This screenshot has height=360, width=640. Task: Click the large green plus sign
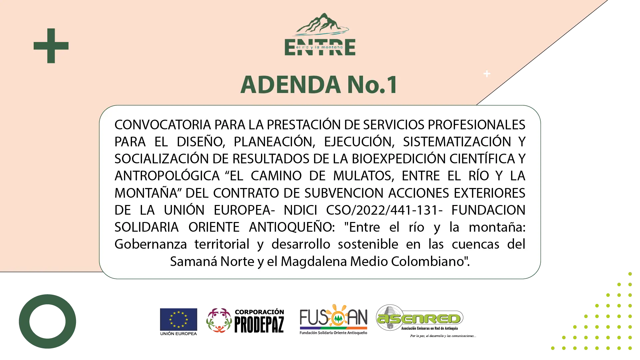[x=51, y=46]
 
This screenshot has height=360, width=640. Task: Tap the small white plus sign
[x=487, y=74]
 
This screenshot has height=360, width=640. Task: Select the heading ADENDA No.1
[x=319, y=84]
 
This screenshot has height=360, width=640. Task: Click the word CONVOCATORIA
[x=163, y=125]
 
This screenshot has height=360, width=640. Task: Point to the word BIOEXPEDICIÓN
[x=399, y=159]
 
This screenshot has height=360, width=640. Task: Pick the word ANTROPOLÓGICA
[x=167, y=176]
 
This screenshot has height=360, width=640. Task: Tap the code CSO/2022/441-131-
[x=384, y=210]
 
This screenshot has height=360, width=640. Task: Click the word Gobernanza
[x=151, y=244]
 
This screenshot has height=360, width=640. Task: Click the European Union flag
[x=179, y=319]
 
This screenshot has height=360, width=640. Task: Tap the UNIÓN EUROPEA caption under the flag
[x=179, y=333]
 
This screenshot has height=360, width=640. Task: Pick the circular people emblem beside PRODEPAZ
[x=219, y=320]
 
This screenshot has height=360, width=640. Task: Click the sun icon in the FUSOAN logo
[x=337, y=315]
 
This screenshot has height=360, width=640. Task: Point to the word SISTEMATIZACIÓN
[x=457, y=142]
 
